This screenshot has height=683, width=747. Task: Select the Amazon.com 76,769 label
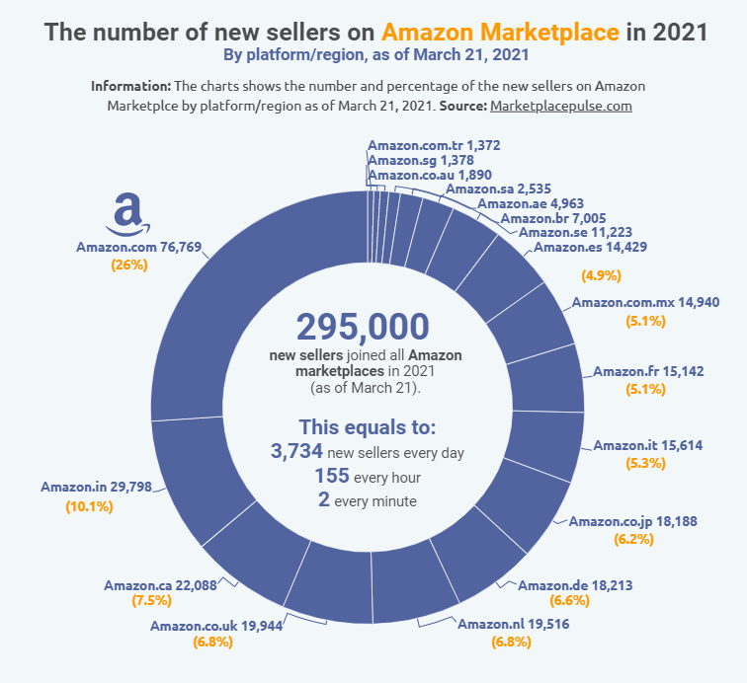coord(132,248)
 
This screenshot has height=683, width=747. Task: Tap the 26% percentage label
coord(129,266)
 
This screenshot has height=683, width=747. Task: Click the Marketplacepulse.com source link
coord(560,106)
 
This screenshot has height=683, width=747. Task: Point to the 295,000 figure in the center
coord(363,328)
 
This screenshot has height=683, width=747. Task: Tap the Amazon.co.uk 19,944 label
coord(207,626)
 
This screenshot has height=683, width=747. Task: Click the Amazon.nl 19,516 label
coord(513,625)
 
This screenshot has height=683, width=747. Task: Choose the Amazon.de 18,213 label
coord(575,585)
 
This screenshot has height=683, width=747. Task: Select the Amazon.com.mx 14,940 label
coord(636,302)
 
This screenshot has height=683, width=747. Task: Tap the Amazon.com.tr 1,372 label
coord(434,145)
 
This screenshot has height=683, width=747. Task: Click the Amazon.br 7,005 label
coord(553,218)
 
